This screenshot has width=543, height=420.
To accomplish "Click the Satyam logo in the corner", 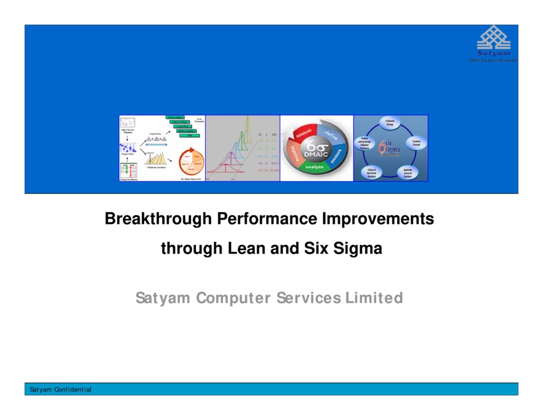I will pyautogui.click(x=494, y=44).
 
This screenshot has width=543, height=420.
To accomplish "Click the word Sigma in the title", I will pyautogui.click(x=358, y=248).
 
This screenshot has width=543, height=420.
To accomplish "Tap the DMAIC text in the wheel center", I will pyautogui.click(x=316, y=154).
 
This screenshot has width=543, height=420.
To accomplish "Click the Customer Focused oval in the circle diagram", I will pyautogui.click(x=416, y=143).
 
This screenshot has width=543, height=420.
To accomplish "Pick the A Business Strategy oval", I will pyautogui.click(x=390, y=123).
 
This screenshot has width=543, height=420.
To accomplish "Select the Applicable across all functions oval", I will pyautogui.click(x=407, y=172).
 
